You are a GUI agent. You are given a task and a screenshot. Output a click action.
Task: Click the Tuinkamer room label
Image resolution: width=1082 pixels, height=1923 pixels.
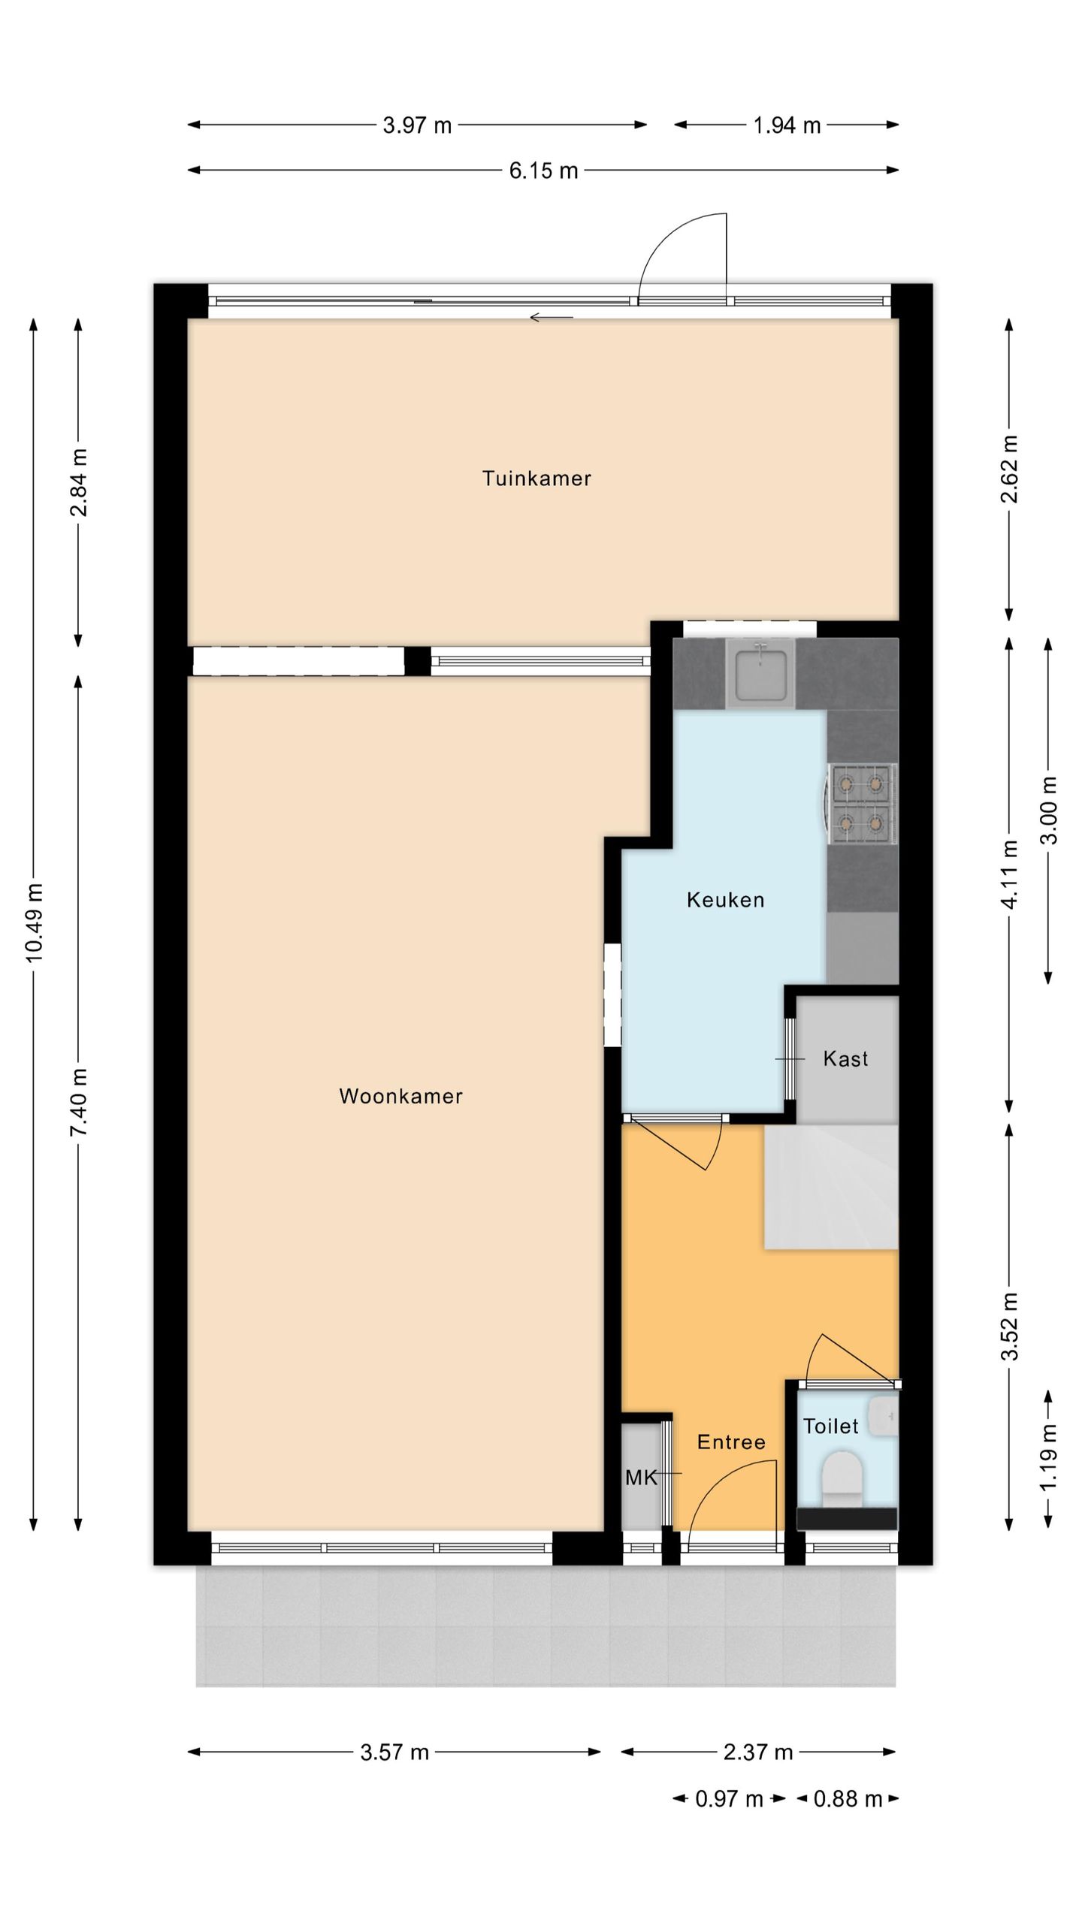tap(536, 478)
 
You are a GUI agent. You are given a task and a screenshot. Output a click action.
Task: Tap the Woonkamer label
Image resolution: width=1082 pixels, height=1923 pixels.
tap(400, 1096)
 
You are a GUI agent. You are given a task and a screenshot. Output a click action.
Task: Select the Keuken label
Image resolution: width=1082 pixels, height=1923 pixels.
tap(725, 899)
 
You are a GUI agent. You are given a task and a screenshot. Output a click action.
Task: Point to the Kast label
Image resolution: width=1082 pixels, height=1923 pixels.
tap(845, 1058)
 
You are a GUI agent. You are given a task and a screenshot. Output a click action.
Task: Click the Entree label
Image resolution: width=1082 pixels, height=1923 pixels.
tap(731, 1441)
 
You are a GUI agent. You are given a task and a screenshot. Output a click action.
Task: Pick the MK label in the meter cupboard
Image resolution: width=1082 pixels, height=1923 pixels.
tap(641, 1478)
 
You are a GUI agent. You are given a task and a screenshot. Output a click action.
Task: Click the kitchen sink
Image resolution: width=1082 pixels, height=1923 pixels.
tap(760, 673)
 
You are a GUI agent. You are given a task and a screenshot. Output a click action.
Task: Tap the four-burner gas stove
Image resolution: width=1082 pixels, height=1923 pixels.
tap(861, 804)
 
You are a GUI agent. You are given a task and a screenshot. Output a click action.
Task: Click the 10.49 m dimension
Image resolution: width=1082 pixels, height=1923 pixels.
tap(35, 922)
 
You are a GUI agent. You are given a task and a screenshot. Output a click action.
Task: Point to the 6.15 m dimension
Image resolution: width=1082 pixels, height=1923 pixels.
tap(543, 171)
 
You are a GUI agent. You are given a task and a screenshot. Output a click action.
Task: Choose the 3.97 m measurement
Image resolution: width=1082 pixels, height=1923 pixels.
tap(417, 125)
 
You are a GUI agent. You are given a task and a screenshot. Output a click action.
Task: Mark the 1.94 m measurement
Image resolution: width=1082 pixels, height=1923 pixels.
tap(787, 125)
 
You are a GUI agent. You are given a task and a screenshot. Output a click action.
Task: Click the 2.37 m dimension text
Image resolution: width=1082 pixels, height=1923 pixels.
tap(758, 1752)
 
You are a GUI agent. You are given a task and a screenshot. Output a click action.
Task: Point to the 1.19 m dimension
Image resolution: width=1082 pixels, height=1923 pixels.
tap(1049, 1457)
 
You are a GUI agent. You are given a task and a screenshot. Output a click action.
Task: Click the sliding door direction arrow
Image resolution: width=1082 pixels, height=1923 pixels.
tap(552, 317)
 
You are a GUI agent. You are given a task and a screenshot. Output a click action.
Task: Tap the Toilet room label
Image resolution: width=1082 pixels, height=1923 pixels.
tap(830, 1426)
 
